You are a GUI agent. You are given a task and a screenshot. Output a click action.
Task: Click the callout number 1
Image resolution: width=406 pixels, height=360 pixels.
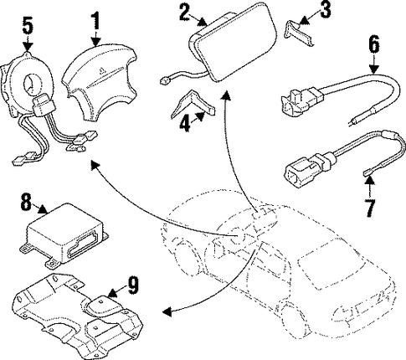[95, 17]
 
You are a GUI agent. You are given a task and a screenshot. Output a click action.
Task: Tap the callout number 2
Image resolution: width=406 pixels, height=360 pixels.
[184, 13]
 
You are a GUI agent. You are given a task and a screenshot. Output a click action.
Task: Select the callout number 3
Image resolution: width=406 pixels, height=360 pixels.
[324, 10]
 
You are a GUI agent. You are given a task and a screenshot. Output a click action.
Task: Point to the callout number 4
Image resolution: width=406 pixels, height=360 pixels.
[185, 124]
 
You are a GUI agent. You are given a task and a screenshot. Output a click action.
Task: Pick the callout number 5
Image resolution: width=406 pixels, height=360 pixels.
[28, 25]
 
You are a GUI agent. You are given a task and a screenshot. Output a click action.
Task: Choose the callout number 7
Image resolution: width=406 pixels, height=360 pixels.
[369, 208]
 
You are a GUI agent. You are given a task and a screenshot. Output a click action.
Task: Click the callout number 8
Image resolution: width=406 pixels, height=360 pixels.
[26, 202]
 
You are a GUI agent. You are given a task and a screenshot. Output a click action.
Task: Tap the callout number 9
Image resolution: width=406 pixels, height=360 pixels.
[132, 285]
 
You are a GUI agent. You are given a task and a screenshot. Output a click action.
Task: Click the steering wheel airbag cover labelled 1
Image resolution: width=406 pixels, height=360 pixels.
[100, 81]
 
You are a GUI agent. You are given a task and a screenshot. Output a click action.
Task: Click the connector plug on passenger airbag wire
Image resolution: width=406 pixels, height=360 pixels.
[165, 81]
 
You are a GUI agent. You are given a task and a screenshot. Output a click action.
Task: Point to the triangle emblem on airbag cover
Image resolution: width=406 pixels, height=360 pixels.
[101, 70]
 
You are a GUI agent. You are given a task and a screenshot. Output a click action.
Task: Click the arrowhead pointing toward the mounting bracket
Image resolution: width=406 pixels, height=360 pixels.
[167, 311]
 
